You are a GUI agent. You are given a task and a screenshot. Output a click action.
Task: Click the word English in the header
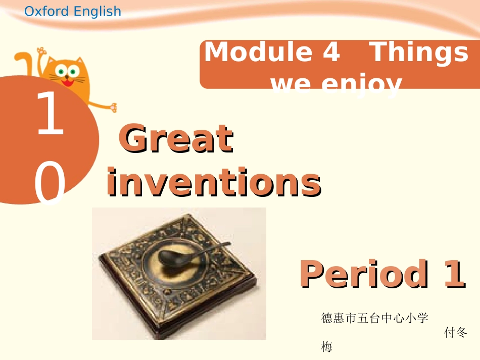pos(97,12)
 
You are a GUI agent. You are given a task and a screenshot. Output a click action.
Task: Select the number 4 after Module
pos(331,52)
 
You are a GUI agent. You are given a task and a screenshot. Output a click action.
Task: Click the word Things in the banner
pos(419,52)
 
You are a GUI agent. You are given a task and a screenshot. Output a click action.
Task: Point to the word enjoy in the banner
pos(364,83)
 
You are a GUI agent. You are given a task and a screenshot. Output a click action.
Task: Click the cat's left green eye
pos(62,70)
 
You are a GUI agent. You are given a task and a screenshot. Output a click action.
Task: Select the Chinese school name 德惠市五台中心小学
pos(374,318)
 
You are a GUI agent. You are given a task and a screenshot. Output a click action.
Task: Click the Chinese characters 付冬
pos(455,333)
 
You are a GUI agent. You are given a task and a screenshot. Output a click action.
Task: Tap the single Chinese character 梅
pos(327,347)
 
